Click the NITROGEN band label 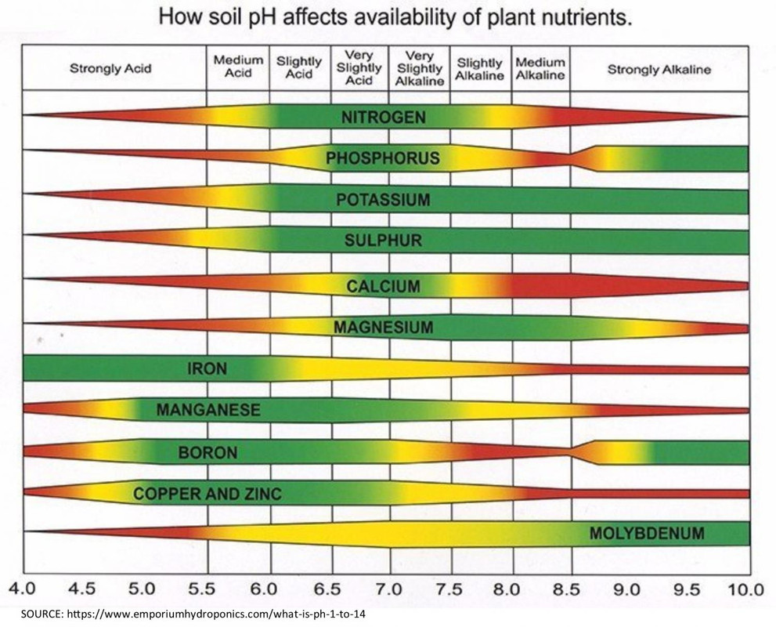(383, 118)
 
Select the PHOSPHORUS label (383, 159)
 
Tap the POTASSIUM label (383, 200)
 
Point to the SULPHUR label (383, 241)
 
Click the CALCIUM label (383, 286)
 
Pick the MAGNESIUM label (383, 327)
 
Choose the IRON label (207, 368)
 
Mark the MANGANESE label (208, 409)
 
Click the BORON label (208, 452)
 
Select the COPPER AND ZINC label (207, 494)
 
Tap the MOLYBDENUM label (646, 535)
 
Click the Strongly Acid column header (110, 69)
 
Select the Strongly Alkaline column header (659, 69)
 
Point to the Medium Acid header (238, 67)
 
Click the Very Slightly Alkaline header (420, 68)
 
